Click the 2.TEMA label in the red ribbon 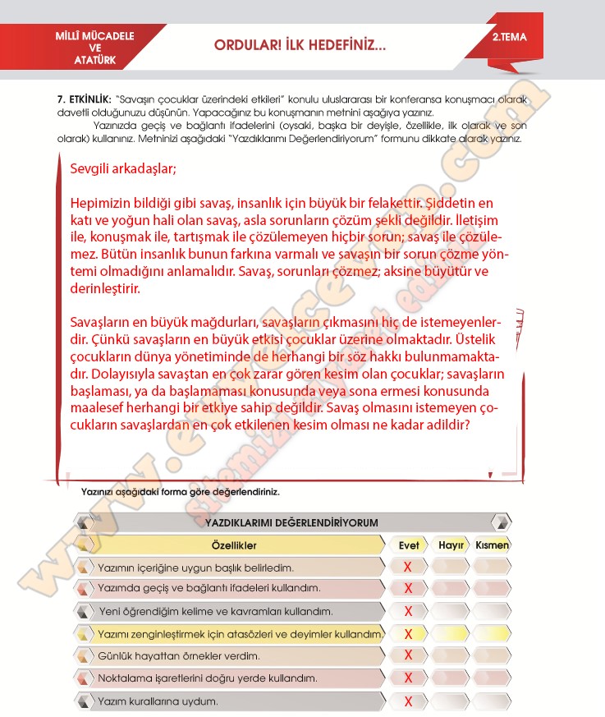510,37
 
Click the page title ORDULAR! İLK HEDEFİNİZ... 299,46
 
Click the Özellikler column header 234,545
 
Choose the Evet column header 408,545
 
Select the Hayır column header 451,545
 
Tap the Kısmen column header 493,545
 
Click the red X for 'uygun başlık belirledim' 408,567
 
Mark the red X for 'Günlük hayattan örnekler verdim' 408,655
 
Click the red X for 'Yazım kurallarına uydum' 408,701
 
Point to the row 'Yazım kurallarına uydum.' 158,701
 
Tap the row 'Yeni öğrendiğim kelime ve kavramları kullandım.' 215,611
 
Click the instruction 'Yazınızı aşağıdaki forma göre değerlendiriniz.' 181,492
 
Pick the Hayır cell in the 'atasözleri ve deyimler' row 451,633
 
